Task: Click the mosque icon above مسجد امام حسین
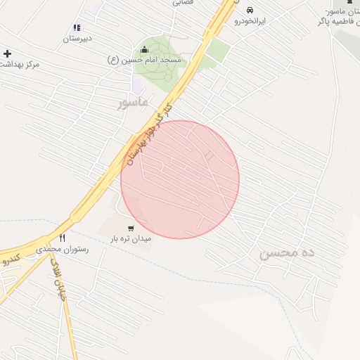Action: [145, 49]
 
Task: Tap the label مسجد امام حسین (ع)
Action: [144, 60]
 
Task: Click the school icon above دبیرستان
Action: [77, 27]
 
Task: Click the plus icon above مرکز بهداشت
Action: [7, 53]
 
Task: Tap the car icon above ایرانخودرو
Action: [250, 11]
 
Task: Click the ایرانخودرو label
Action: [250, 22]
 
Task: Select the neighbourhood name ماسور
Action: [134, 103]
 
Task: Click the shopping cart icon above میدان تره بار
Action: [130, 228]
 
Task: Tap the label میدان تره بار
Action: [130, 239]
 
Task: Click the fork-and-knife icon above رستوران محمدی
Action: [62, 238]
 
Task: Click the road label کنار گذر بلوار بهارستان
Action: [148, 134]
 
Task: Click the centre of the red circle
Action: [180, 179]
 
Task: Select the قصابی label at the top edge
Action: [184, 3]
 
